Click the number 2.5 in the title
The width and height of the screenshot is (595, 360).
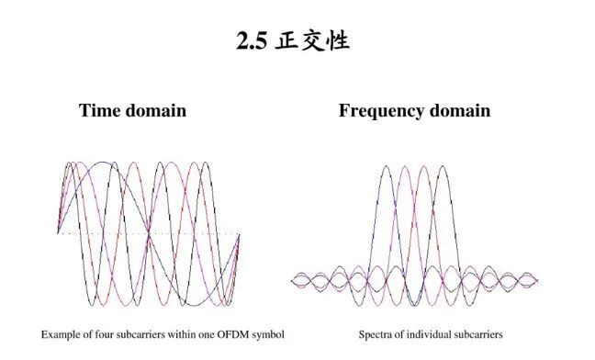click(252, 40)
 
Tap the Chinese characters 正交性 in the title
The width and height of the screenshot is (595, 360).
click(312, 40)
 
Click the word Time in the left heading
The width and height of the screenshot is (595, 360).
click(99, 110)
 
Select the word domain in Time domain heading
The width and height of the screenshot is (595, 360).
click(155, 110)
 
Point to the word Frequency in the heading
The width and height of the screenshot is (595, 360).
click(381, 111)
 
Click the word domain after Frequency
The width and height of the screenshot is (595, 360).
click(460, 110)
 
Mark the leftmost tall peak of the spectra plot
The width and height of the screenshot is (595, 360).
click(386, 166)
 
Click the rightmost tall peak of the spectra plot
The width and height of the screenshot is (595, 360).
click(443, 166)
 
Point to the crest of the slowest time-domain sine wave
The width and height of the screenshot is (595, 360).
click(103, 163)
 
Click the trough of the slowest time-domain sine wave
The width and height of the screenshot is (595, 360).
click(194, 305)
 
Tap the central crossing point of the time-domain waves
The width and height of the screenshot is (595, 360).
click(149, 233)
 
